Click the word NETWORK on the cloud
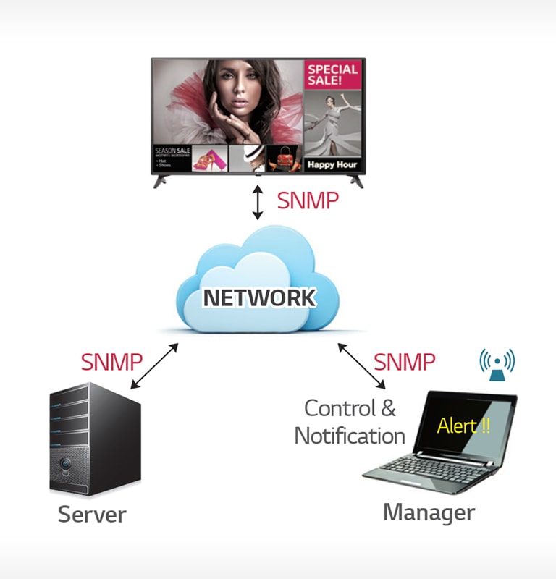pyautogui.click(x=258, y=297)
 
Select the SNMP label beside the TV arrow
pyautogui.click(x=308, y=200)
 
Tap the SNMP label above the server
pyautogui.click(x=111, y=361)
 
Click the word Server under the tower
pyautogui.click(x=92, y=515)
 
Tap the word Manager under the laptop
pyautogui.click(x=429, y=512)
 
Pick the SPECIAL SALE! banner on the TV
pyautogui.click(x=332, y=75)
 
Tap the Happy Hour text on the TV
pyautogui.click(x=332, y=164)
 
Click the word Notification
pyautogui.click(x=349, y=436)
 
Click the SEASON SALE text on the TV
pyautogui.click(x=172, y=151)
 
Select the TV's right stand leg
pyautogui.click(x=352, y=181)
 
